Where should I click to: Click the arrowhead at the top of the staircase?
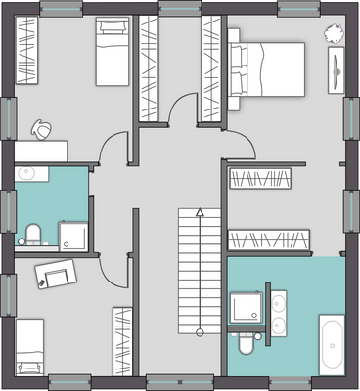[x=199, y=211]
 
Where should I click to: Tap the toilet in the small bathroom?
[x=33, y=235]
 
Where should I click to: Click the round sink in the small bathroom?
[x=26, y=174]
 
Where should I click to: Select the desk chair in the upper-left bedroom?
[x=43, y=128]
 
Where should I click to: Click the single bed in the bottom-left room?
[x=31, y=348]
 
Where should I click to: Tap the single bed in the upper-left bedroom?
[x=107, y=54]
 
